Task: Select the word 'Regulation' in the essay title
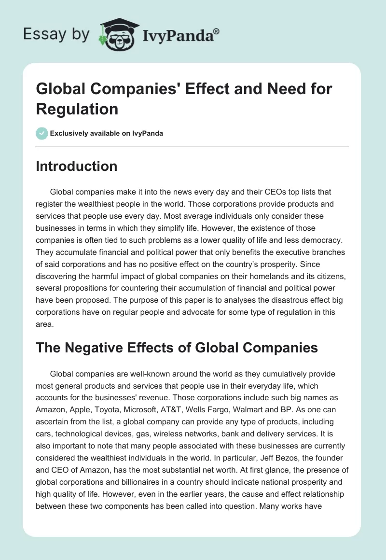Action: click(x=77, y=109)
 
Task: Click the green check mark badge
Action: click(x=42, y=134)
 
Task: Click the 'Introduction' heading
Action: click(x=77, y=167)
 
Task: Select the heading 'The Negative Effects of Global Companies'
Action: click(x=177, y=347)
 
